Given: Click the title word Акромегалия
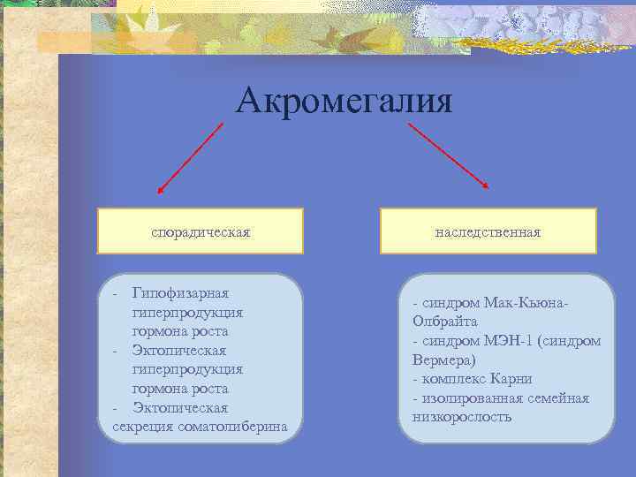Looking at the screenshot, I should (x=344, y=102).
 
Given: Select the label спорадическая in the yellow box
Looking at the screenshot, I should (x=201, y=231).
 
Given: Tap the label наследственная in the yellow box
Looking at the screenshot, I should (x=488, y=231).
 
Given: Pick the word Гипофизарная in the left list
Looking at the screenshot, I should (x=180, y=293).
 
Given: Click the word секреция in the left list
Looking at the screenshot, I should (x=144, y=427).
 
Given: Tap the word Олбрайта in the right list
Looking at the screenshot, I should (x=444, y=322).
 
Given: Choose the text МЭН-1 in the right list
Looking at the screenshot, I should (x=502, y=341).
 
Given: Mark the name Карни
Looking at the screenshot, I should (x=512, y=379).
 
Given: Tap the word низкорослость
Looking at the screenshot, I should (x=461, y=417).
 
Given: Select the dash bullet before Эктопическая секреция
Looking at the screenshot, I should (x=117, y=408).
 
